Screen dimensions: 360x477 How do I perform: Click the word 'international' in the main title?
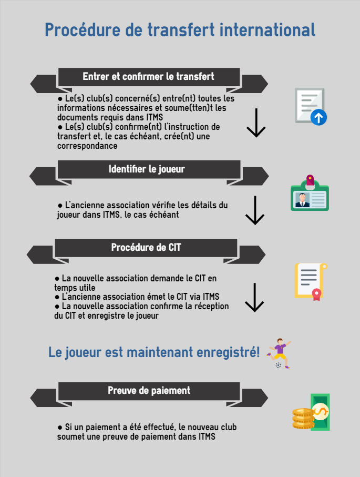268,30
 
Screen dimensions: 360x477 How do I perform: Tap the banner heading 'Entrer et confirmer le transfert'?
148,76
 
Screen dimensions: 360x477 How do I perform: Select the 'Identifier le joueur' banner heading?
147,169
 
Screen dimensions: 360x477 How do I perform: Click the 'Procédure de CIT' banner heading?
146,247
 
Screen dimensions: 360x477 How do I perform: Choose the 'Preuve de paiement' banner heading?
149,390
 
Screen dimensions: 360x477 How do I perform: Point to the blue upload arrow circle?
318,117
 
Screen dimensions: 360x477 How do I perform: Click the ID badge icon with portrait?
310,193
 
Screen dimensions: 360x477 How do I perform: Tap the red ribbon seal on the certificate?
316,295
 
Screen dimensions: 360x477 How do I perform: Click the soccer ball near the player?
278,365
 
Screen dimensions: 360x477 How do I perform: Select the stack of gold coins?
303,419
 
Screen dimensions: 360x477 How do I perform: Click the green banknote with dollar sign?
321,412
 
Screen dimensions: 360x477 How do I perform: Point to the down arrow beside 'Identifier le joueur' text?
255,210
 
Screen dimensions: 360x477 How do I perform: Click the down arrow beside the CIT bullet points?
254,298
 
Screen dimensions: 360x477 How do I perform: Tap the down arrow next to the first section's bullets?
256,123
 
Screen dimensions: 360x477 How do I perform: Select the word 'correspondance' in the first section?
87,146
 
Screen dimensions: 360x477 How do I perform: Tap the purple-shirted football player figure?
279,353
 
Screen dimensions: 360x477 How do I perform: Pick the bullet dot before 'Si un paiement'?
60,428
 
